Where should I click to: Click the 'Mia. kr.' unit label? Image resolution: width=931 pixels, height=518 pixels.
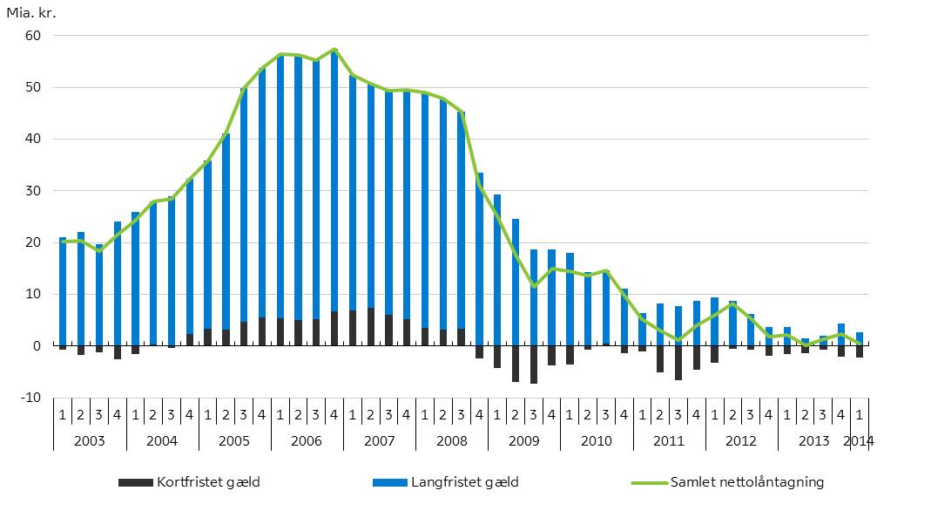(31, 13)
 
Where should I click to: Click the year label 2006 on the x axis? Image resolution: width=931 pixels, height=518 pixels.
(307, 440)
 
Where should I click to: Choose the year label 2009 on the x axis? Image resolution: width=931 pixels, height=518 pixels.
(523, 440)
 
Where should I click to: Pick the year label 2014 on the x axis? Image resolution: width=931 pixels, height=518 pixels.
(859, 440)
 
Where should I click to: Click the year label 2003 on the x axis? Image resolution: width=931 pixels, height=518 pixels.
(90, 440)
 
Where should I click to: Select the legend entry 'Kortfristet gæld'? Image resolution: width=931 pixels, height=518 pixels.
(188, 482)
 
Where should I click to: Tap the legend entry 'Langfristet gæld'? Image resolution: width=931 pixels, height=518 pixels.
(444, 482)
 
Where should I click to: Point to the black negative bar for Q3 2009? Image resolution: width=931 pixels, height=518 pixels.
(533, 365)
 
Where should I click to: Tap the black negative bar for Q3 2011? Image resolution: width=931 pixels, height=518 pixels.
(678, 363)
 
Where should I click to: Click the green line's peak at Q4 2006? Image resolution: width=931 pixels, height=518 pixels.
(334, 50)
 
